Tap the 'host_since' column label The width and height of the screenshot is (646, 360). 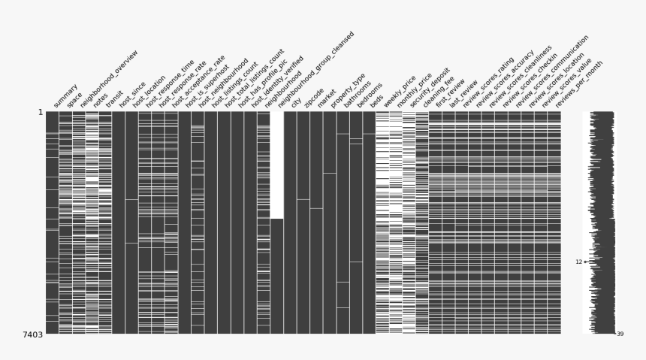[x=134, y=94]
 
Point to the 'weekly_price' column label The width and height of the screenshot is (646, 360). [x=400, y=91]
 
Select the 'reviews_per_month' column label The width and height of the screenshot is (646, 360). [x=578, y=83]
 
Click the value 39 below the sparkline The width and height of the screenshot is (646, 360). [x=620, y=334]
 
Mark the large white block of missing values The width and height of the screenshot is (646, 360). [x=276, y=165]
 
